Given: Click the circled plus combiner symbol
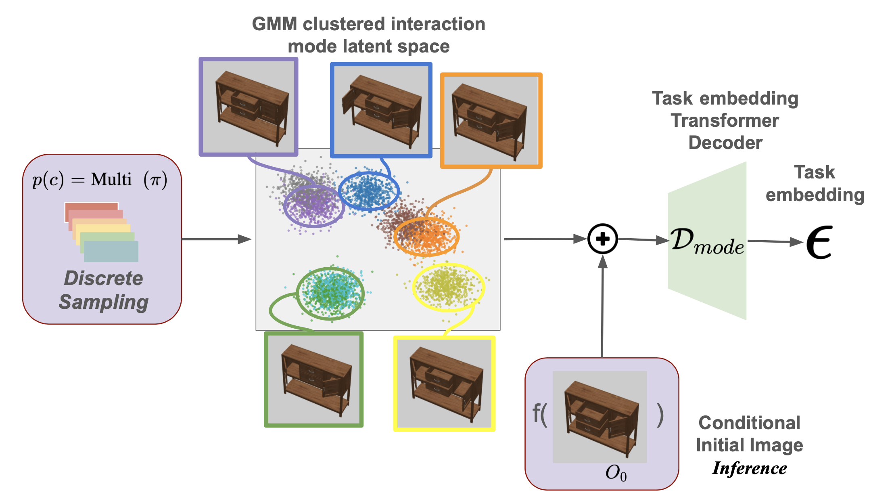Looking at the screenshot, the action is [602, 239].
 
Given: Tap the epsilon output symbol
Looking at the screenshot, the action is [819, 242].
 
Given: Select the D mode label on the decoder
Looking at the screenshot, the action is [707, 241].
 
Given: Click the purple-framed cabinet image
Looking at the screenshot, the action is [249, 107].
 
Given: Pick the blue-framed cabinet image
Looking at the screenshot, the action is [381, 110].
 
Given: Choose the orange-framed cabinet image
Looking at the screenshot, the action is [491, 120].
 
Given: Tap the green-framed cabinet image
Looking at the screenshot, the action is [313, 379].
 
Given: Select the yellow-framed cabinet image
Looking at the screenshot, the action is [444, 384].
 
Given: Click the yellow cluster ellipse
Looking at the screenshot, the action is [448, 287].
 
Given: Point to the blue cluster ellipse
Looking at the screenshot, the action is [369, 191].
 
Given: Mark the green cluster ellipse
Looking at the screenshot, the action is [330, 294].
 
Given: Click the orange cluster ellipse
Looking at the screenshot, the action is [426, 236].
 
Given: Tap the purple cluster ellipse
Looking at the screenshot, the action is [314, 206].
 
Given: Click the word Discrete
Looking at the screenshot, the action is [104, 278].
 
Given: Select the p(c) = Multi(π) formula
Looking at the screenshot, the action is [100, 180].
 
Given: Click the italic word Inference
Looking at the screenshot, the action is [749, 468].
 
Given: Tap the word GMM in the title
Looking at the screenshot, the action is [274, 24].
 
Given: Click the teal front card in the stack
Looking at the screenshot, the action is [111, 251].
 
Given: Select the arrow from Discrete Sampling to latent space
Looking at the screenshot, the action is [217, 239].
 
